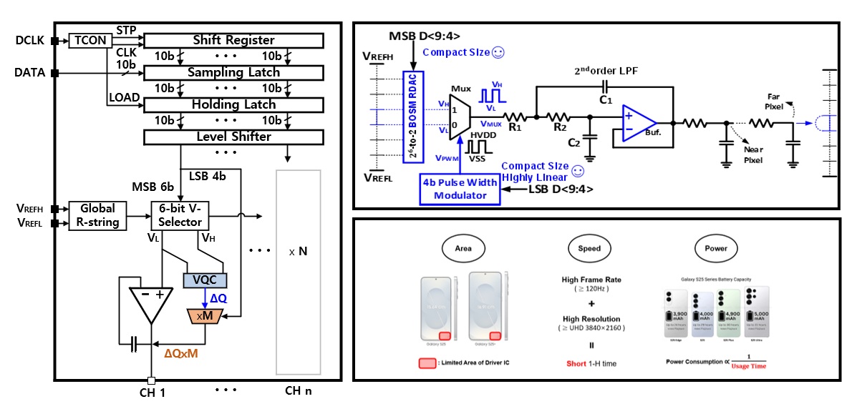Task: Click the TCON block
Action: point(89,41)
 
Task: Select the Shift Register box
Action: point(233,41)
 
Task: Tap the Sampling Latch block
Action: point(233,72)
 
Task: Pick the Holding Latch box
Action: point(233,104)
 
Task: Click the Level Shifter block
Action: point(233,136)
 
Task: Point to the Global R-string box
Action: point(97,215)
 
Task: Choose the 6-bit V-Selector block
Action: point(179,215)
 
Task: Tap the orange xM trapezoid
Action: point(205,315)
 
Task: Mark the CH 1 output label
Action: point(153,391)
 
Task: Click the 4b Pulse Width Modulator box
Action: point(460,188)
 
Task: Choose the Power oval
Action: point(715,248)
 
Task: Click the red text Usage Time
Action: point(748,366)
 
